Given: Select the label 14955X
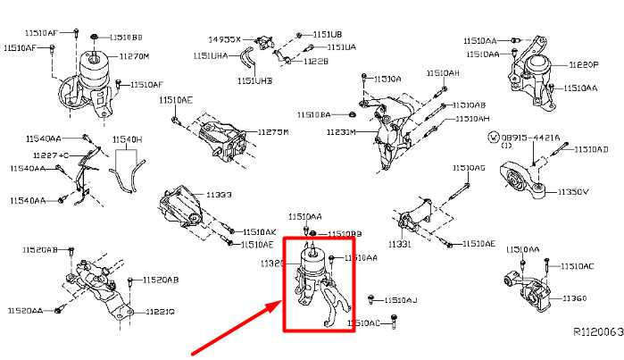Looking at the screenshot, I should (225, 40).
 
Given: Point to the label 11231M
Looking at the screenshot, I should (340, 132).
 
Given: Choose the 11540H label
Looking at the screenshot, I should (128, 139).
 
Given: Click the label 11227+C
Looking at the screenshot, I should (52, 155).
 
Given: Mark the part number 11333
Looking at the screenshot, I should (218, 194).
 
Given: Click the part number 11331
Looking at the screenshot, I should (399, 244).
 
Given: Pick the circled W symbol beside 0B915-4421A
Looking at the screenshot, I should (493, 138).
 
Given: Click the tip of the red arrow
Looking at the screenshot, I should (280, 304).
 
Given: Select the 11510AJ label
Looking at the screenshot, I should (399, 300).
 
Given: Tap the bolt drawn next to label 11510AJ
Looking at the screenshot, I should (373, 299).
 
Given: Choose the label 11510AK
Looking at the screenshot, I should (259, 230).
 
